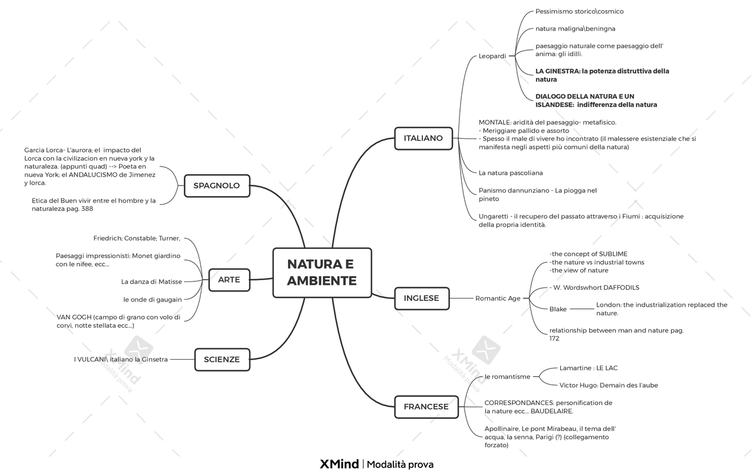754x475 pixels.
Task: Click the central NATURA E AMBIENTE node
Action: pos(322,273)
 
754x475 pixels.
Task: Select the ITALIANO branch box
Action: pos(423,138)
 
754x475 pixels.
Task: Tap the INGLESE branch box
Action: pos(421,298)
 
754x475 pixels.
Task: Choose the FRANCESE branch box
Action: pos(426,407)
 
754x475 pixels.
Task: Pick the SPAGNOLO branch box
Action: pos(216,185)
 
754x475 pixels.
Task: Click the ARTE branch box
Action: pos(229,280)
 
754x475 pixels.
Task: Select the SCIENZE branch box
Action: pos(221,360)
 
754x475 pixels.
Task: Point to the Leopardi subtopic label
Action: pos(492,57)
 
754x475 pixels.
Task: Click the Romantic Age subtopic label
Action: pos(498,298)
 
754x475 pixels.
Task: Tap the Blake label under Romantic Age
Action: pos(558,309)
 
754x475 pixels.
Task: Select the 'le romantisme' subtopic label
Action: pos(507,377)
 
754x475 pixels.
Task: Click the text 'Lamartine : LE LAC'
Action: pos(588,368)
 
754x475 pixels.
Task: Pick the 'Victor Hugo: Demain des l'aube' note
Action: pos(609,386)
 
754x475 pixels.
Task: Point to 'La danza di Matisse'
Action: pos(151,282)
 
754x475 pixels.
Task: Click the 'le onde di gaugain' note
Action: pos(153,300)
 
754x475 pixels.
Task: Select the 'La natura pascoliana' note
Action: pos(511,173)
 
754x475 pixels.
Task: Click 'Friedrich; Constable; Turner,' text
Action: pos(137,238)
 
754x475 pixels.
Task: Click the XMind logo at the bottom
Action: pos(339,464)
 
